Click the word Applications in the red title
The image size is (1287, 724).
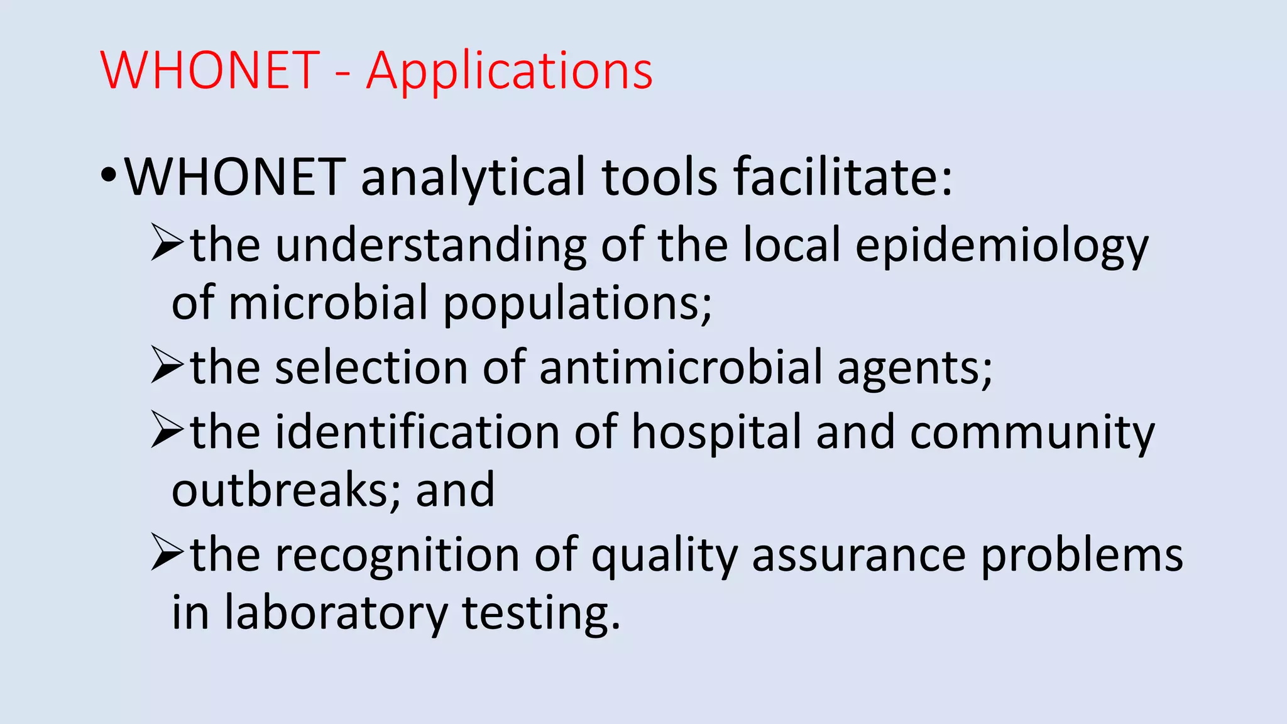click(509, 71)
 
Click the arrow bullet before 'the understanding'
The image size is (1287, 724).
click(167, 244)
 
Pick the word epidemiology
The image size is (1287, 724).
click(1002, 246)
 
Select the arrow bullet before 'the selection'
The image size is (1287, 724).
click(167, 367)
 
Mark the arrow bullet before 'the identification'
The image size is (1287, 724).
click(167, 431)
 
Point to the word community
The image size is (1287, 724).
click(1032, 434)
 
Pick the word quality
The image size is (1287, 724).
click(664, 556)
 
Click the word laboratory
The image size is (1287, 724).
click(336, 613)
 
